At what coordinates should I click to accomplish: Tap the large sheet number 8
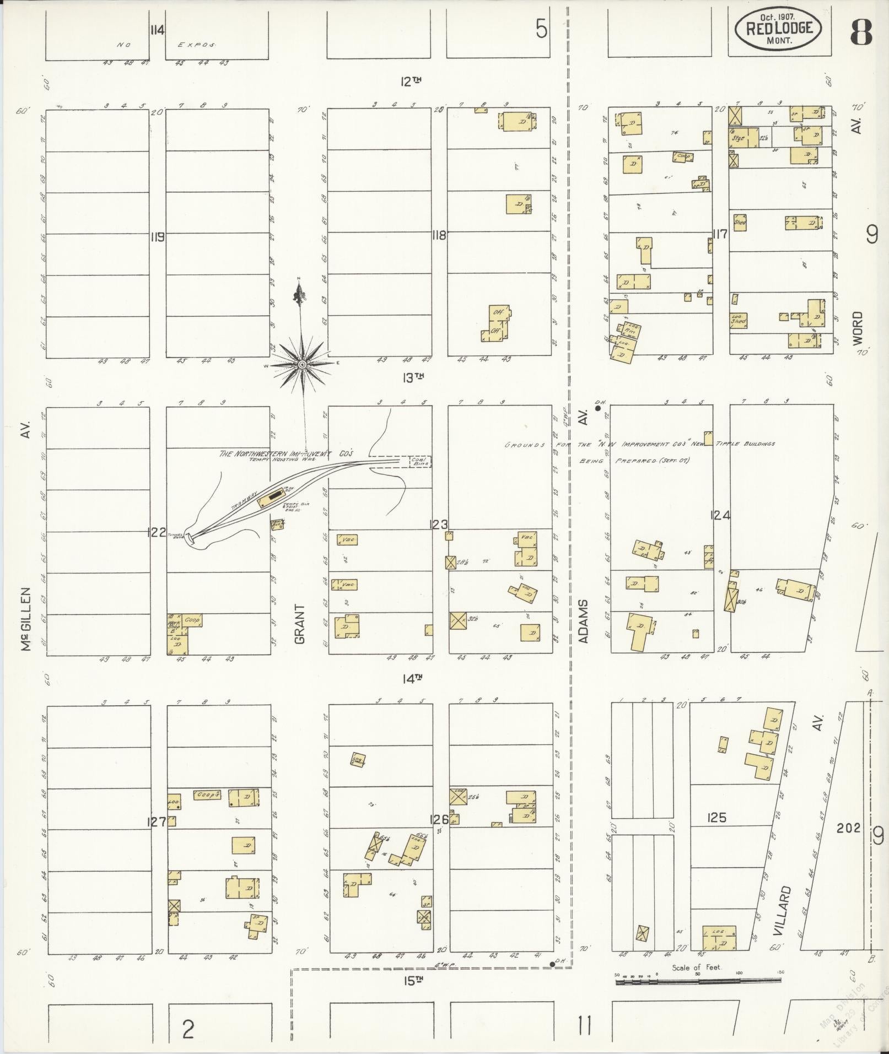pyautogui.click(x=861, y=33)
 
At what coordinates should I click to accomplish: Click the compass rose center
pyautogui.click(x=303, y=365)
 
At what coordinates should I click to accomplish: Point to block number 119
pyautogui.click(x=157, y=237)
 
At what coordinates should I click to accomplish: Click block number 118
pyautogui.click(x=439, y=236)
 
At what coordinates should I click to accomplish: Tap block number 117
pyautogui.click(x=720, y=234)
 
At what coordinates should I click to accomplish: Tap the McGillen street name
pyautogui.click(x=26, y=619)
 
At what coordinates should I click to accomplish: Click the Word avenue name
pyautogui.click(x=858, y=328)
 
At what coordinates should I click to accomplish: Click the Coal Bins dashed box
pyautogui.click(x=419, y=462)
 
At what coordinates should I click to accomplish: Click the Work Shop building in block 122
pyautogui.click(x=174, y=626)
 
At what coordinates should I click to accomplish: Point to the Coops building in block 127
pyautogui.click(x=208, y=795)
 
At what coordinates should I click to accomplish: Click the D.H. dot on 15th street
pyautogui.click(x=552, y=964)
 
